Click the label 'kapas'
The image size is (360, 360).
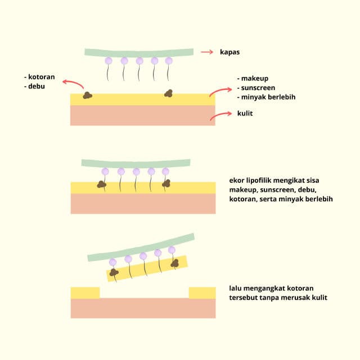[x=231, y=52]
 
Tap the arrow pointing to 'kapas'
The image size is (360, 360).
[x=207, y=52]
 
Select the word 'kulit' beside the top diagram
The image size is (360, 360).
[x=245, y=113]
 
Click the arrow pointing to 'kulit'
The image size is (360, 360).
[x=220, y=115]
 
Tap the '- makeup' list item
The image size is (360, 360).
[x=254, y=78]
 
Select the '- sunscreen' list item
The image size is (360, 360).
[x=258, y=88]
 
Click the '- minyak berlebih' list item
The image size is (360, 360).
[x=267, y=97]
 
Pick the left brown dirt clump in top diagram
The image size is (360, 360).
[x=87, y=95]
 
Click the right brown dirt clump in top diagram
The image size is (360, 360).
[x=168, y=93]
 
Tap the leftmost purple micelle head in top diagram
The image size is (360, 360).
[x=109, y=61]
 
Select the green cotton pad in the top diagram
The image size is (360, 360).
[x=139, y=52]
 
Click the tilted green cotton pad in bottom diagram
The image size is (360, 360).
[x=141, y=246]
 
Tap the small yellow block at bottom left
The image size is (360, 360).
[x=85, y=292]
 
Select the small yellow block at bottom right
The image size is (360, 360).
[x=202, y=292]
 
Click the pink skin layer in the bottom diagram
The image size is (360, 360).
[x=143, y=308]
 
